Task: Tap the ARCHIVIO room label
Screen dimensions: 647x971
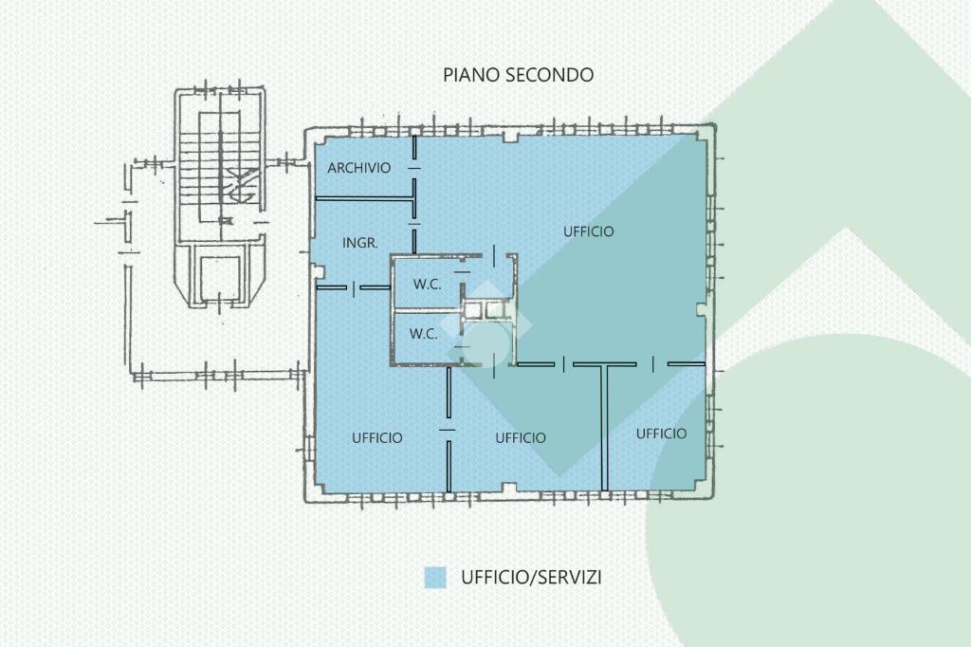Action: point(359,168)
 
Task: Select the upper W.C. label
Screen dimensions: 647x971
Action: point(427,284)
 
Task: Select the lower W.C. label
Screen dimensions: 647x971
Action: point(423,333)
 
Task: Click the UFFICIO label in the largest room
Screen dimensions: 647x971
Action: point(588,231)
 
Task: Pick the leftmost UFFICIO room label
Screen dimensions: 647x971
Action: point(376,437)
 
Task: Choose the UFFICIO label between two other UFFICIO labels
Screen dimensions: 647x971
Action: point(521,437)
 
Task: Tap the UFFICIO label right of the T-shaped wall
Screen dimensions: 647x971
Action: point(661,434)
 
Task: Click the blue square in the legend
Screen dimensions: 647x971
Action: point(435,577)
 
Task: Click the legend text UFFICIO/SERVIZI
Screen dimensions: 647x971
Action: point(530,577)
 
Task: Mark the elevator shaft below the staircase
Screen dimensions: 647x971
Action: point(220,276)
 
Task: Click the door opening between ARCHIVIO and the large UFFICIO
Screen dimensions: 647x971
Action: point(414,167)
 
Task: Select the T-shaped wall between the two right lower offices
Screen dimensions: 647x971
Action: point(604,417)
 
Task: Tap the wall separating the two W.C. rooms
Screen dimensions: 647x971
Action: point(427,309)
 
